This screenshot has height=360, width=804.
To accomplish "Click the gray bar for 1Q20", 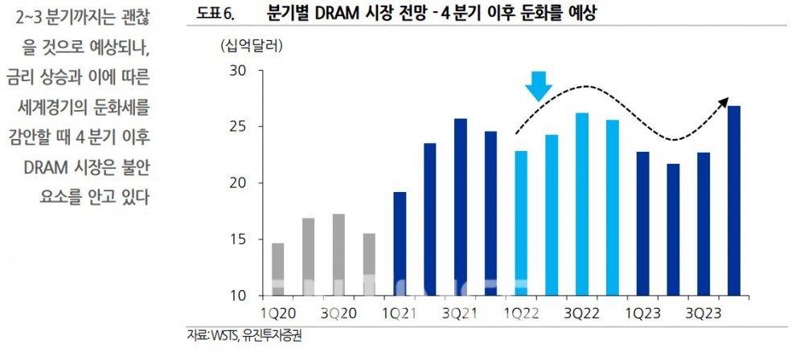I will pyautogui.click(x=278, y=269).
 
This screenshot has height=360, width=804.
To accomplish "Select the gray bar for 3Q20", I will pyautogui.click(x=338, y=255).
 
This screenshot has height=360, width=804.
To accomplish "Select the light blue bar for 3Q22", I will pyautogui.click(x=582, y=204).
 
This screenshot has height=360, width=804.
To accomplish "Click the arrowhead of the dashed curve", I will pyautogui.click(x=724, y=100).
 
